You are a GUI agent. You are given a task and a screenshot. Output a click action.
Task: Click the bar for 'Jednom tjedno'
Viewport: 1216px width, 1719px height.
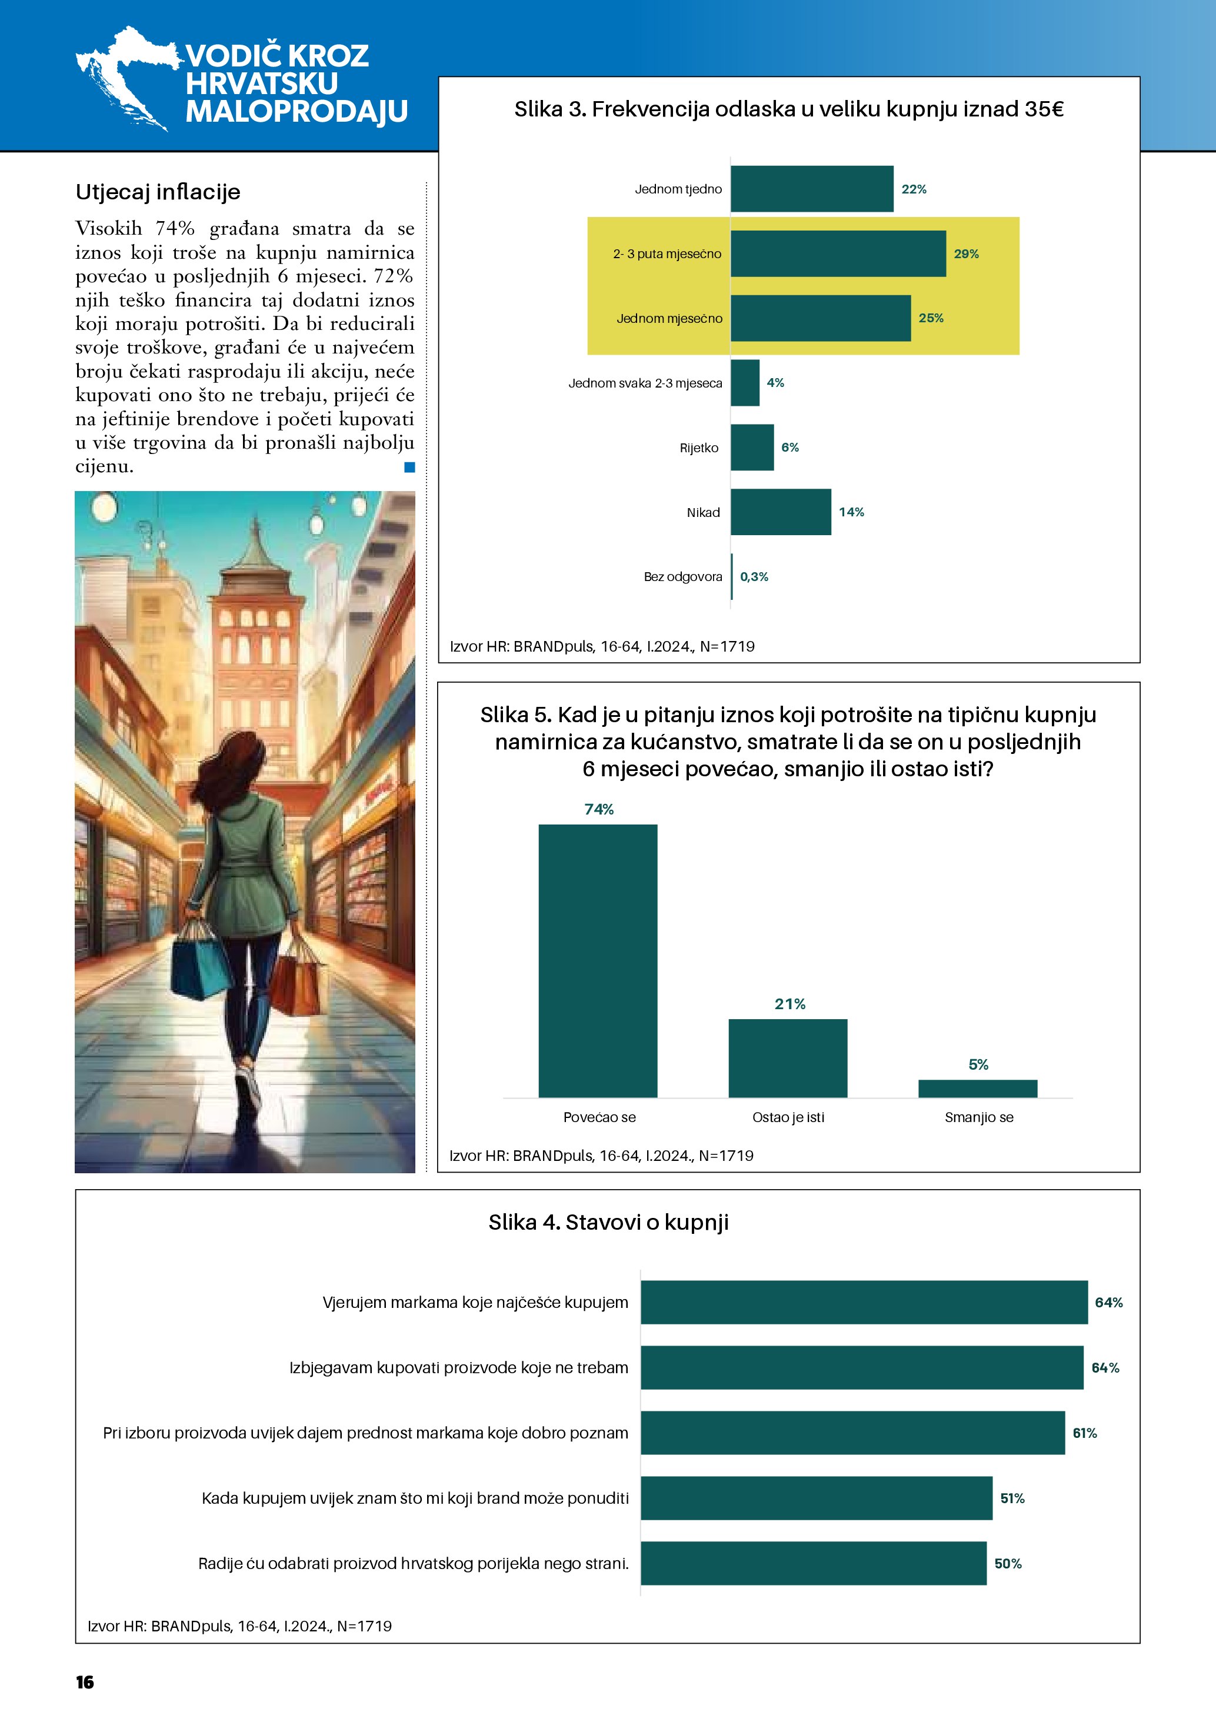pyautogui.click(x=812, y=189)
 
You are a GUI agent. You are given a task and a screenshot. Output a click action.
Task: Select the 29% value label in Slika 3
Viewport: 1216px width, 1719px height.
pyautogui.click(x=966, y=254)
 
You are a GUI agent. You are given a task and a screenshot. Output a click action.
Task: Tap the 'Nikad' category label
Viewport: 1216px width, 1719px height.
pyautogui.click(x=703, y=512)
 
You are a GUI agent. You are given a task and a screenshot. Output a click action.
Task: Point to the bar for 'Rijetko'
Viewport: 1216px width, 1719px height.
pyautogui.click(x=752, y=448)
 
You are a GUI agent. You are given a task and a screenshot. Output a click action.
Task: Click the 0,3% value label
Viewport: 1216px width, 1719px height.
pyautogui.click(x=754, y=576)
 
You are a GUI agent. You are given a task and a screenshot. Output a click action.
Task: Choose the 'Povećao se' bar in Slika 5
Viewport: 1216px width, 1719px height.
pyautogui.click(x=598, y=960)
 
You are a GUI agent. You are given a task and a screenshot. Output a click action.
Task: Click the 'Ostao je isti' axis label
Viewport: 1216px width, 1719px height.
pyautogui.click(x=788, y=1117)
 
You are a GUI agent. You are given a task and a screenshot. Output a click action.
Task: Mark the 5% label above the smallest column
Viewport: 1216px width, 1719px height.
pyautogui.click(x=978, y=1064)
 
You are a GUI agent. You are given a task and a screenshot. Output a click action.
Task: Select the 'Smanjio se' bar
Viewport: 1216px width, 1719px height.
pyautogui.click(x=978, y=1089)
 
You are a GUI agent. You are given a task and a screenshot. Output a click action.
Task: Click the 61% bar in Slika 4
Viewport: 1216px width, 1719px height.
pyautogui.click(x=852, y=1432)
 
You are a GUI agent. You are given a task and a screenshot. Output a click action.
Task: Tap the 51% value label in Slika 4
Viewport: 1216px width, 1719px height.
pyautogui.click(x=1012, y=1498)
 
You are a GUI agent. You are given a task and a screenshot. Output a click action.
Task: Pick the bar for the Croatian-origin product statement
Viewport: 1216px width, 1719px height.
pyautogui.click(x=813, y=1563)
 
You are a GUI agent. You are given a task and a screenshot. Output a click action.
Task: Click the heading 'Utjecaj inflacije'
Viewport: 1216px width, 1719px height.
pyautogui.click(x=158, y=192)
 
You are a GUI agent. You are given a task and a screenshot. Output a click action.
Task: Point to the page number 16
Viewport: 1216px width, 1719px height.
pyautogui.click(x=85, y=1683)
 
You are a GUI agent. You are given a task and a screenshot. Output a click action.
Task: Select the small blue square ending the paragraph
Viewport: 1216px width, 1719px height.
pyautogui.click(x=409, y=467)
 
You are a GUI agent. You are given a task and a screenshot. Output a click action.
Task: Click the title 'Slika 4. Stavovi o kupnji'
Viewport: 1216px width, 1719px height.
pyautogui.click(x=608, y=1223)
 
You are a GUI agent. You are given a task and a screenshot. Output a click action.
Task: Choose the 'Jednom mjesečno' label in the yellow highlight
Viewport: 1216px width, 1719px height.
pyautogui.click(x=669, y=318)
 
